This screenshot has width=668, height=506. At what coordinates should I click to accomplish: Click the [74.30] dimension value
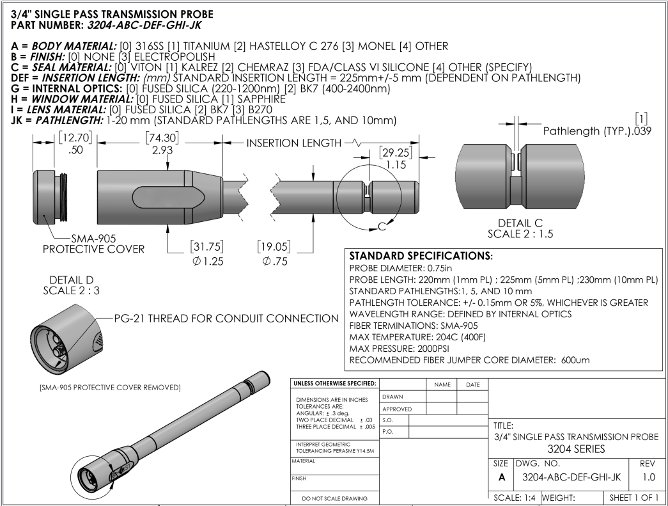(162, 138)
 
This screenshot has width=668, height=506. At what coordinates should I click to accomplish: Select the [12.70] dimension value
(75, 138)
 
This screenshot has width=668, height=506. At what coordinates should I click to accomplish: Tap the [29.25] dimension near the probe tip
(396, 153)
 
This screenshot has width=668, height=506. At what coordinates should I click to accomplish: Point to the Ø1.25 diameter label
(208, 261)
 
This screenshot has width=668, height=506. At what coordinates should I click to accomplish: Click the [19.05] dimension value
(274, 246)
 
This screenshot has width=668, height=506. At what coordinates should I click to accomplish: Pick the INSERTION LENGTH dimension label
(294, 143)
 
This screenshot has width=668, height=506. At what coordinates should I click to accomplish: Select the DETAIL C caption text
(520, 223)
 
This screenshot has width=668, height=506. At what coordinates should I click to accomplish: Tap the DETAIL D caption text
(71, 280)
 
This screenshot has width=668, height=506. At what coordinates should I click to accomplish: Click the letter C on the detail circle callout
(382, 226)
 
